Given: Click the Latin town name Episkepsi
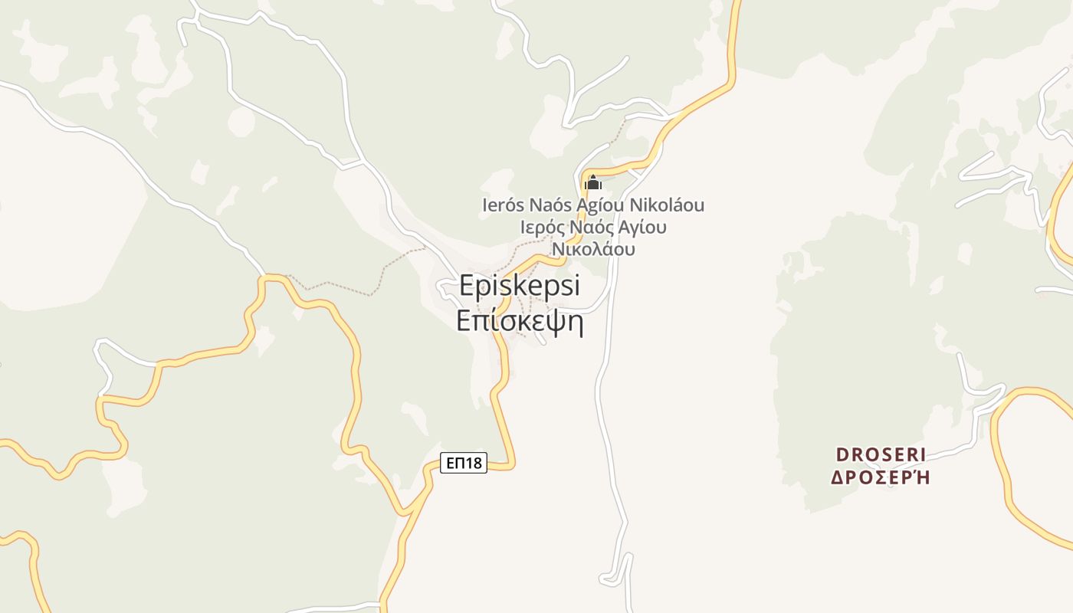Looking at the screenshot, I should click(x=520, y=287).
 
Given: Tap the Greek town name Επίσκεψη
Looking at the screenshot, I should click(x=520, y=321).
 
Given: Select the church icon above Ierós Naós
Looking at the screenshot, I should click(x=592, y=183).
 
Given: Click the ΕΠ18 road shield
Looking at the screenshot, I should click(x=464, y=463).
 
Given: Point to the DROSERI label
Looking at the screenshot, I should click(x=881, y=454).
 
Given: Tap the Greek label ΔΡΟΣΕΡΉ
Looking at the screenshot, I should click(x=881, y=477).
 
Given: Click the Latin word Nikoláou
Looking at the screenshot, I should click(x=666, y=205).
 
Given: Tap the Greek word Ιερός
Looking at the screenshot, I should click(x=540, y=228).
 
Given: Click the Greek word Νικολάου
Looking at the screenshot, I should click(x=593, y=249).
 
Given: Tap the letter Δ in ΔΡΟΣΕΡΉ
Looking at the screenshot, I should click(x=838, y=477).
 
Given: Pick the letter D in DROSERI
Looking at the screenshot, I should click(x=842, y=454).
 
